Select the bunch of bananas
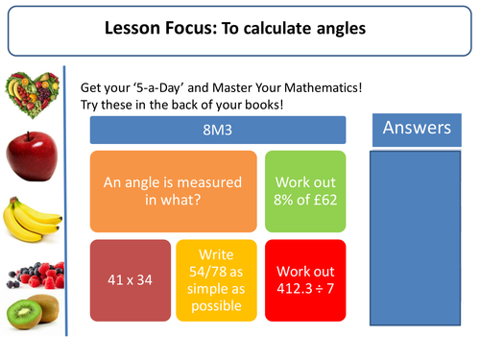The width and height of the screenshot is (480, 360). (31, 219)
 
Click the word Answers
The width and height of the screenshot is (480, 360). (418, 128)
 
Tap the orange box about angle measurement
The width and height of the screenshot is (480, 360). (173, 192)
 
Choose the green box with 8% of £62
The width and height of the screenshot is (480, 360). (303, 192)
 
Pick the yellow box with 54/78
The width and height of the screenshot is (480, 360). (216, 280)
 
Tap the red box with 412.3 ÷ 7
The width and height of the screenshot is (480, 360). (303, 280)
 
